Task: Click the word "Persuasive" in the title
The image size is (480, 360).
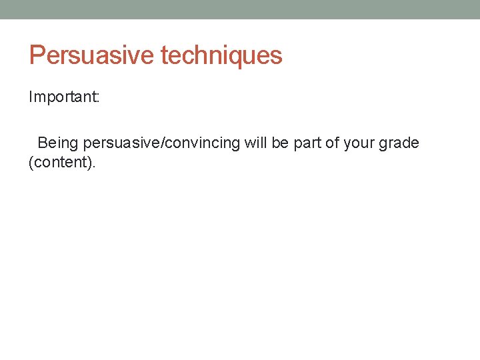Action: [91, 55]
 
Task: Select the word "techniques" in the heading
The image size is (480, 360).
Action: [221, 55]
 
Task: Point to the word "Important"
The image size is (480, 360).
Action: [62, 98]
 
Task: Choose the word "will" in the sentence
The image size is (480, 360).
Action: [254, 143]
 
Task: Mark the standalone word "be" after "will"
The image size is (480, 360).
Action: [279, 143]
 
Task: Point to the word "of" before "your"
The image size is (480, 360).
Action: [332, 143]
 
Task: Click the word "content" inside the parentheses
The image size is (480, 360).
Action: [61, 162]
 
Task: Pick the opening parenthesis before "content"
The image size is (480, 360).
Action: [31, 162]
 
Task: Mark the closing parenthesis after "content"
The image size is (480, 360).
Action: [90, 162]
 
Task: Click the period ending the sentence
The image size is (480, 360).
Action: [95, 166]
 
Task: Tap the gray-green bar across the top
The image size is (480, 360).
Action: [240, 9]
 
